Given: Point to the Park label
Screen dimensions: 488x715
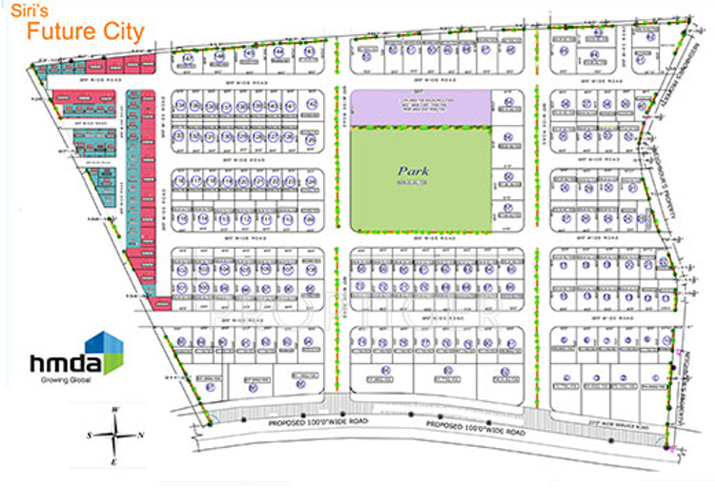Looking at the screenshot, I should coord(413,172).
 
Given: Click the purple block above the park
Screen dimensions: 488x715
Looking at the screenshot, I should coord(419,107).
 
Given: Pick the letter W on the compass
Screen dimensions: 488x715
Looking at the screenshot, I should coord(114,411).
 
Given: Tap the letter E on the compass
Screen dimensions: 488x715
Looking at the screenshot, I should coord(114,463).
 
